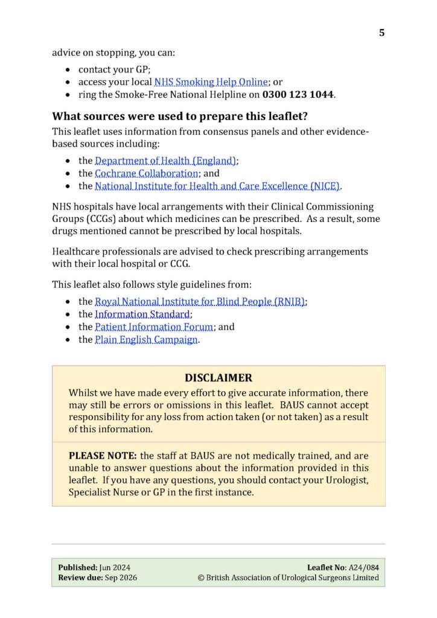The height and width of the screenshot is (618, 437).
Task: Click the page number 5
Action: coord(381,33)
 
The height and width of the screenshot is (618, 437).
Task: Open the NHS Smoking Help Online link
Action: coord(211,82)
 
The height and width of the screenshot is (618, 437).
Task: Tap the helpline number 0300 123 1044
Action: coord(298,95)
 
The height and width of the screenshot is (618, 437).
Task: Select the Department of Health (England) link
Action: coord(165,161)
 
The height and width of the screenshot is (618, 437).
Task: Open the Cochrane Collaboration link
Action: coord(146,173)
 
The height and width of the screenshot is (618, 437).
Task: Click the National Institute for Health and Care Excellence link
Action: coord(217,186)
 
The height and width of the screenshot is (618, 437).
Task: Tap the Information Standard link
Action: coord(142,314)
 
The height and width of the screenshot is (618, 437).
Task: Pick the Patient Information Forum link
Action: coord(154,327)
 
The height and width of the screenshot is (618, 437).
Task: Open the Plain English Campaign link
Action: coord(146,339)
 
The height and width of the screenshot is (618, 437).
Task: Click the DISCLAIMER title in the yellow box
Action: coord(218,378)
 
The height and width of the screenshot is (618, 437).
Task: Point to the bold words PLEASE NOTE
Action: coord(103,456)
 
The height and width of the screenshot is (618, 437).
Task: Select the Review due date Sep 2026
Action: coord(119,578)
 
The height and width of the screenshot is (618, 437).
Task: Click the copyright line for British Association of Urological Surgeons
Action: coord(289,578)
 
